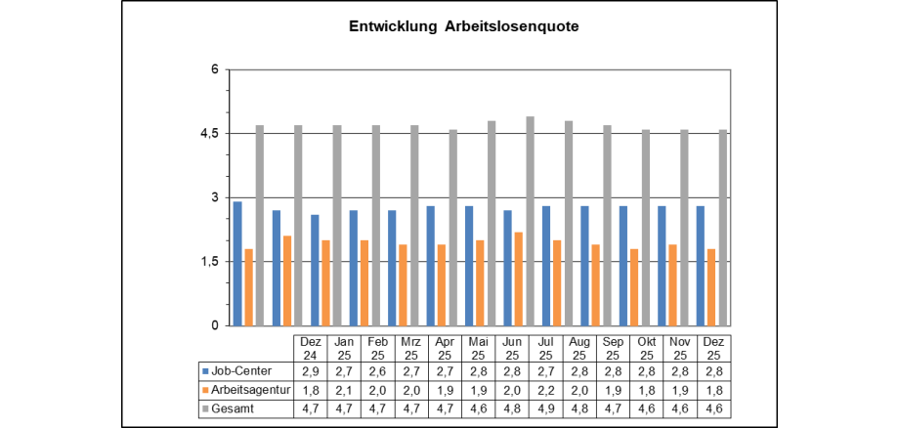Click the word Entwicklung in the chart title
coord(393,27)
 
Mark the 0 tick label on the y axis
coord(215,325)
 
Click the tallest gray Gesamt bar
coord(531,221)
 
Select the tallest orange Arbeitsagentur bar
coord(519,278)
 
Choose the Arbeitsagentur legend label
coord(250,390)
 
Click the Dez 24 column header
coord(311,348)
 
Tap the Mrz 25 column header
coord(410,348)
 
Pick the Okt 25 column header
coord(646,348)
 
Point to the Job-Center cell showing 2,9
coord(311,371)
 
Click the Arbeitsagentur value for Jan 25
coord(344,390)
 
